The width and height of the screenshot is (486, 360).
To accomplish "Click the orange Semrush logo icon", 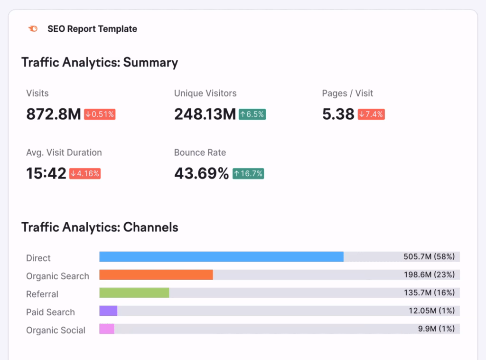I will (33, 29).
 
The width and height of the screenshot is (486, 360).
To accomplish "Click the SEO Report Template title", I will (92, 29).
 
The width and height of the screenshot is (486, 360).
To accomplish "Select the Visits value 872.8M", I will (53, 114).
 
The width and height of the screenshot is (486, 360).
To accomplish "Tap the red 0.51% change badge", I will (100, 114).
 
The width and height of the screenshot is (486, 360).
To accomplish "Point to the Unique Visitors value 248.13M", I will (205, 114).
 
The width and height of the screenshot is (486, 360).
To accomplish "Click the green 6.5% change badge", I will (252, 114).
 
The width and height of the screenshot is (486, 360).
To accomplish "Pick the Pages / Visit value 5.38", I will (338, 114).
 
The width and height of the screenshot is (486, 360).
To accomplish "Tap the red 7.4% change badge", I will (371, 114).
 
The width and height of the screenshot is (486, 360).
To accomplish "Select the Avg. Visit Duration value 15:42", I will (46, 174).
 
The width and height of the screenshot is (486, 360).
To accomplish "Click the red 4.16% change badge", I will (85, 174).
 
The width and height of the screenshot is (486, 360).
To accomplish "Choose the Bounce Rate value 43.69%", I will (201, 174).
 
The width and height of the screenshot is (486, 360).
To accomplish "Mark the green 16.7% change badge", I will (248, 174).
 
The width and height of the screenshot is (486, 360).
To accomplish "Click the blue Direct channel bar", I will (221, 257).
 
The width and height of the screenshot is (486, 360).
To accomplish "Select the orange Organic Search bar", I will (156, 275).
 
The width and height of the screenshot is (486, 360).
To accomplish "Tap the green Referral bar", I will (134, 293).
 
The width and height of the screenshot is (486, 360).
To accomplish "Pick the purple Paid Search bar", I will (108, 311).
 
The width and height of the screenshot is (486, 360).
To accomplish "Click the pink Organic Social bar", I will (107, 329).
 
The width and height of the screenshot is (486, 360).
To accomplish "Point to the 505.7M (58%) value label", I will (429, 257).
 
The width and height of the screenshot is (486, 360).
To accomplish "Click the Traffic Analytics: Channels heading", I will (100, 227).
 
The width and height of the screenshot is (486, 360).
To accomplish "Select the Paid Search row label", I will (50, 312).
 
